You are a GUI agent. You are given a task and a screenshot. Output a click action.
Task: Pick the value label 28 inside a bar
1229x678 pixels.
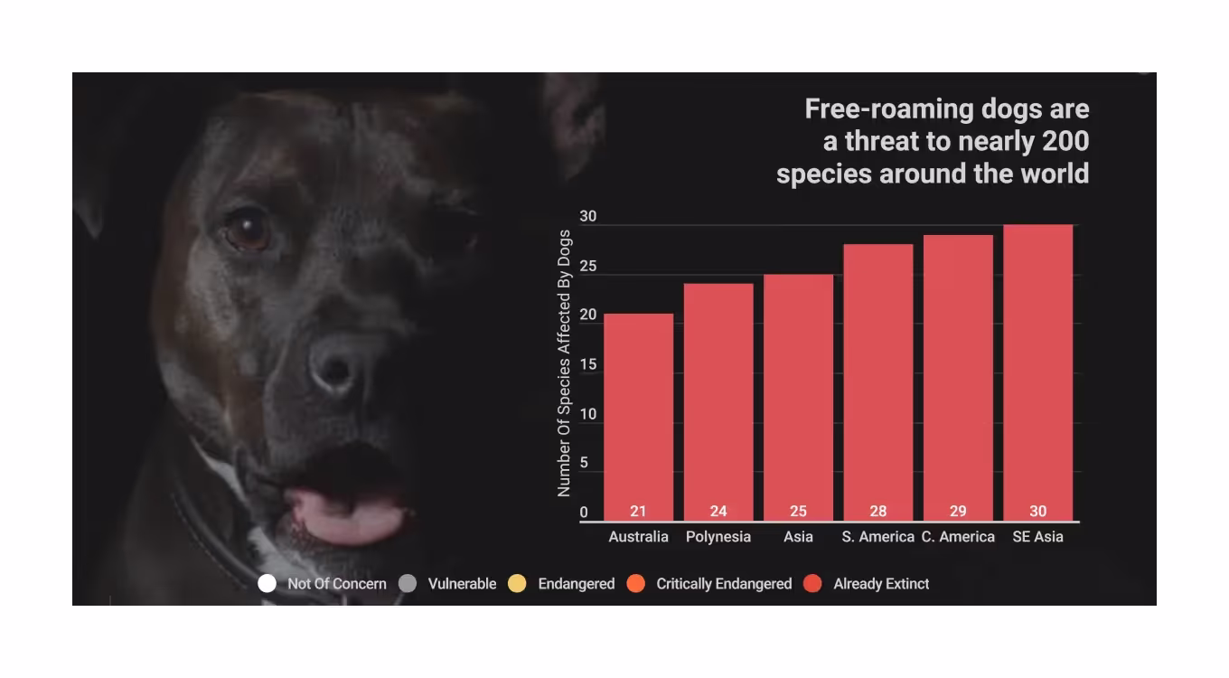[877, 512]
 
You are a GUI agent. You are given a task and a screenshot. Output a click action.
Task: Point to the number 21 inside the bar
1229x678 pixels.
[638, 512]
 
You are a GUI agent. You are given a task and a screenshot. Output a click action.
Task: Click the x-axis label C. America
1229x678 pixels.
[958, 537]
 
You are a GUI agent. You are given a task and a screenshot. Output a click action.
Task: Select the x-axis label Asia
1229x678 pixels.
[798, 537]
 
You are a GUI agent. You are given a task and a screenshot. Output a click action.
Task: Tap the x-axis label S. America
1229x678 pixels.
[877, 537]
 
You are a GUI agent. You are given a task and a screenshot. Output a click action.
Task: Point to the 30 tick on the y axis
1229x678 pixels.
[588, 217]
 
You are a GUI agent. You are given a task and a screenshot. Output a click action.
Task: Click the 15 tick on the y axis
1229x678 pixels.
[588, 365]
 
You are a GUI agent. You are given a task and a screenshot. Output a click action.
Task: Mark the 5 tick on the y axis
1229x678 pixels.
[584, 464]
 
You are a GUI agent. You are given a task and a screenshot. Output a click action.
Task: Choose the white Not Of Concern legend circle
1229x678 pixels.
[267, 583]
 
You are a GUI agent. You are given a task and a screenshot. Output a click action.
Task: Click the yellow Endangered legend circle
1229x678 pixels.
[517, 583]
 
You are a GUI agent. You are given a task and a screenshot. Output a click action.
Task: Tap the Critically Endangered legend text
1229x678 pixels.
[724, 584]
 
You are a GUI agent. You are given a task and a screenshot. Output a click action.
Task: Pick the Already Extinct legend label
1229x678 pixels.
[881, 584]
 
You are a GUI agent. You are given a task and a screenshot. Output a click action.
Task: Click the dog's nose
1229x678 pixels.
[337, 364]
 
